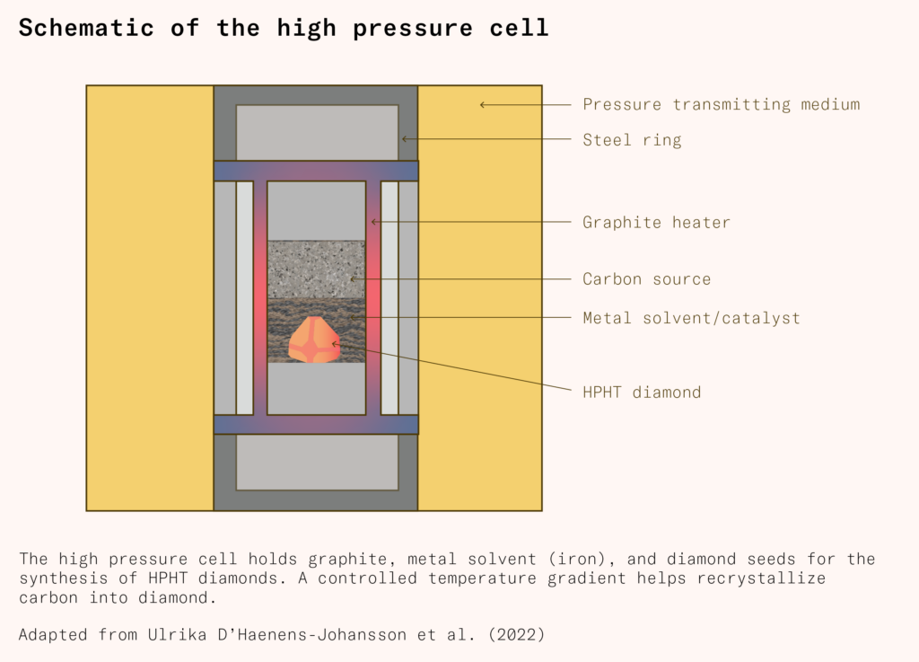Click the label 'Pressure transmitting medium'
(721, 104)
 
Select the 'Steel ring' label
(632, 139)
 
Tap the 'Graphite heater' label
(656, 222)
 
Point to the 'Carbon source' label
(646, 278)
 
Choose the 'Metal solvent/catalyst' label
(691, 318)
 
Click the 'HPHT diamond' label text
(641, 392)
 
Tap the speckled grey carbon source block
(316, 269)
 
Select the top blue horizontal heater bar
(316, 171)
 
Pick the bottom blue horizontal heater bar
(316, 424)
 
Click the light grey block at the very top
(317, 132)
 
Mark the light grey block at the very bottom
(317, 463)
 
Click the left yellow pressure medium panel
(150, 297)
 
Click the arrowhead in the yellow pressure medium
(483, 105)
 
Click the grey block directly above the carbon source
(316, 211)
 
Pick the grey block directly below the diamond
(316, 388)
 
